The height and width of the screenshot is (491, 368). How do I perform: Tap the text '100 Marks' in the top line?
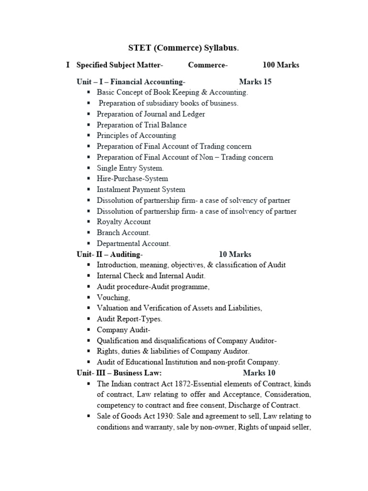click(x=281, y=65)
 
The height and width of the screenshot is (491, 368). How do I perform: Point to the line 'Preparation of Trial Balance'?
click(x=142, y=125)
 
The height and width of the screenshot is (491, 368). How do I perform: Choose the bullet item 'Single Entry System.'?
click(x=130, y=168)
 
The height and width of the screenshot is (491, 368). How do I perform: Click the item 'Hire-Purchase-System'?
click(x=132, y=178)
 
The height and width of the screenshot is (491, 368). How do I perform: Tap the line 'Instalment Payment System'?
click(x=141, y=189)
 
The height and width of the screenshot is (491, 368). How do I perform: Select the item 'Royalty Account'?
click(x=124, y=222)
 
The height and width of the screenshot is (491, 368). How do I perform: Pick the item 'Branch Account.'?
click(x=124, y=233)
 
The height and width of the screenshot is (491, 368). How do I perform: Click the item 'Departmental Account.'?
click(x=134, y=244)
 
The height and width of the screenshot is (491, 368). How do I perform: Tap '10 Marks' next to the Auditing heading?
click(x=235, y=254)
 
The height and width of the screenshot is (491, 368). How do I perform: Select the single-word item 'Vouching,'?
click(x=113, y=297)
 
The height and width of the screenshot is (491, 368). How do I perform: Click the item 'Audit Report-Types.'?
click(x=129, y=319)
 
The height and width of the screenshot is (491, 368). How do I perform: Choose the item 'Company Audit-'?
click(x=124, y=330)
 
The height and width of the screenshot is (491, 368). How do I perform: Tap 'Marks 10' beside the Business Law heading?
click(x=259, y=373)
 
